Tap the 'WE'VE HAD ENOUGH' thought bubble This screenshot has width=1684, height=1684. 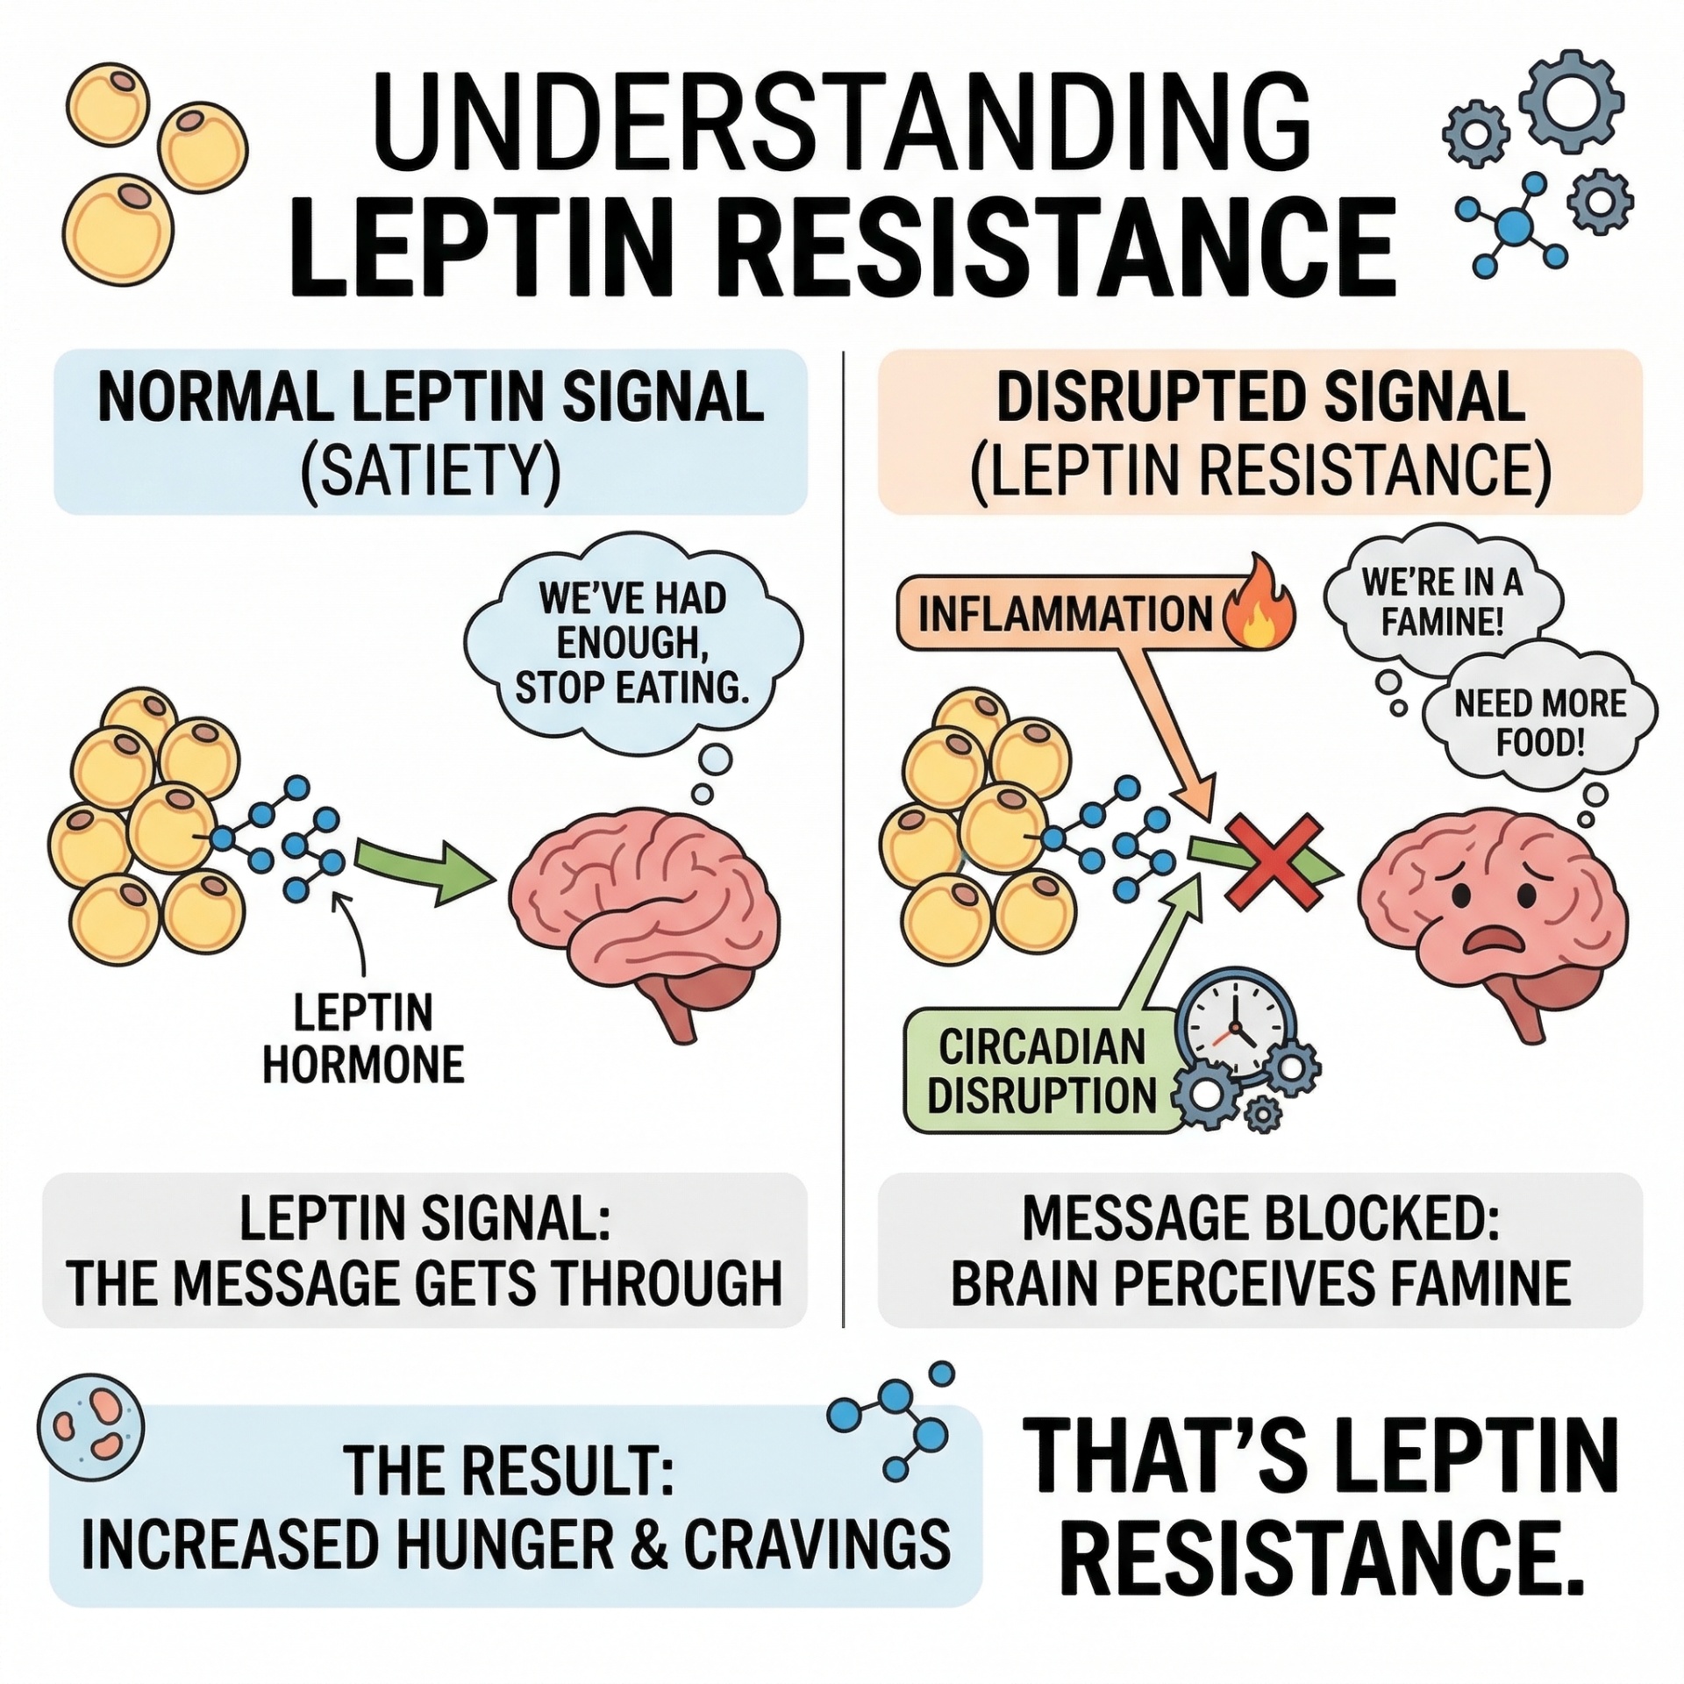pos(631,645)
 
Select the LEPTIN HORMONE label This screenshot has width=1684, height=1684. pos(363,1039)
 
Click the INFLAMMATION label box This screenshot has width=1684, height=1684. pos(1065,611)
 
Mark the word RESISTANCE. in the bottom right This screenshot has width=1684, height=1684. pos(1324,1568)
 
